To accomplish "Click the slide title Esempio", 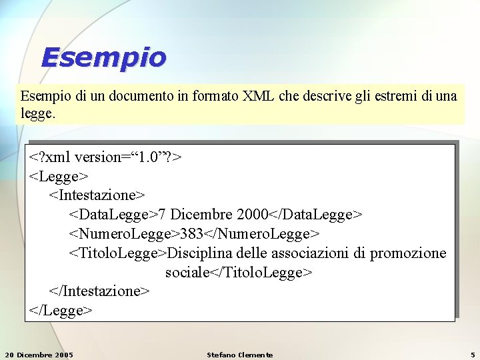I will coord(103,57).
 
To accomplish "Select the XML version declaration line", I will coord(105,157).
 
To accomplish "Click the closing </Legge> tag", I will coord(61,311).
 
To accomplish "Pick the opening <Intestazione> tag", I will coord(97,195).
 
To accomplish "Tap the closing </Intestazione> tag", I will coord(99,291).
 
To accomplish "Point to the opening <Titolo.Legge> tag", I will coord(117,253).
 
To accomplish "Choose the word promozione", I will coord(408,253).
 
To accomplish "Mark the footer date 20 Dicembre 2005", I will coord(39,354).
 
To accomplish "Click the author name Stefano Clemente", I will coord(240,354).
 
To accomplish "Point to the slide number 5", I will coord(472,354).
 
